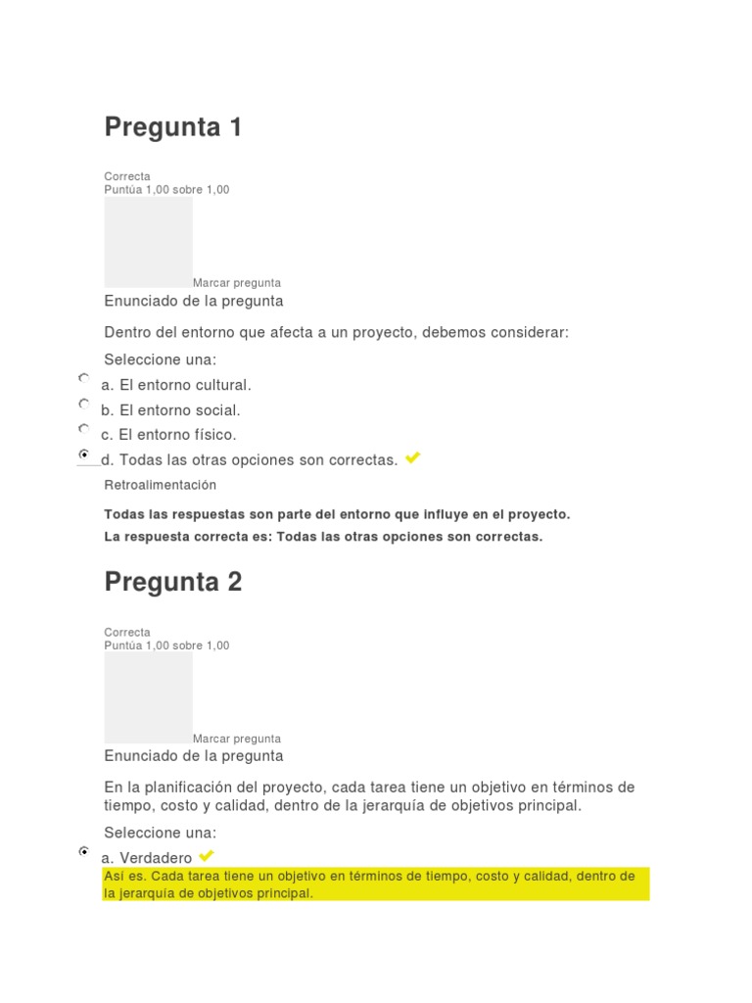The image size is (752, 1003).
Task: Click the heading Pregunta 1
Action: (x=172, y=127)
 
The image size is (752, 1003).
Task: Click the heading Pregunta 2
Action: (x=172, y=582)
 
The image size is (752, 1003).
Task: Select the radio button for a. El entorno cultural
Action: (x=84, y=378)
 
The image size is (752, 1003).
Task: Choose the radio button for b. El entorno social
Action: (x=84, y=404)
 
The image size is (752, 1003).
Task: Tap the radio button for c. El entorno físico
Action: (x=84, y=428)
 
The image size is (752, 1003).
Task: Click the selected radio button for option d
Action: (x=84, y=454)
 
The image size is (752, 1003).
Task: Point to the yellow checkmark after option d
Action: (x=412, y=457)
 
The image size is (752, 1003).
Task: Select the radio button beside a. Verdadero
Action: (x=84, y=852)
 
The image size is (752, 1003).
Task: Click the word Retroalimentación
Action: (x=160, y=485)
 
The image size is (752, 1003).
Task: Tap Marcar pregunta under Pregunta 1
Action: (x=236, y=283)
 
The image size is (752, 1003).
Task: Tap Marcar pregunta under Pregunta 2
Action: (x=236, y=739)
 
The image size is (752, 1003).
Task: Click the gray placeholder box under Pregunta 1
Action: (x=148, y=242)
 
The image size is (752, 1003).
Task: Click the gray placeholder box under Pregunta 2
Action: (x=148, y=697)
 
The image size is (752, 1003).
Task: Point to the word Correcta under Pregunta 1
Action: (x=127, y=176)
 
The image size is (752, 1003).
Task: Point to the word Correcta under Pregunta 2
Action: (x=127, y=633)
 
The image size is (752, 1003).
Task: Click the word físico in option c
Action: (x=215, y=435)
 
